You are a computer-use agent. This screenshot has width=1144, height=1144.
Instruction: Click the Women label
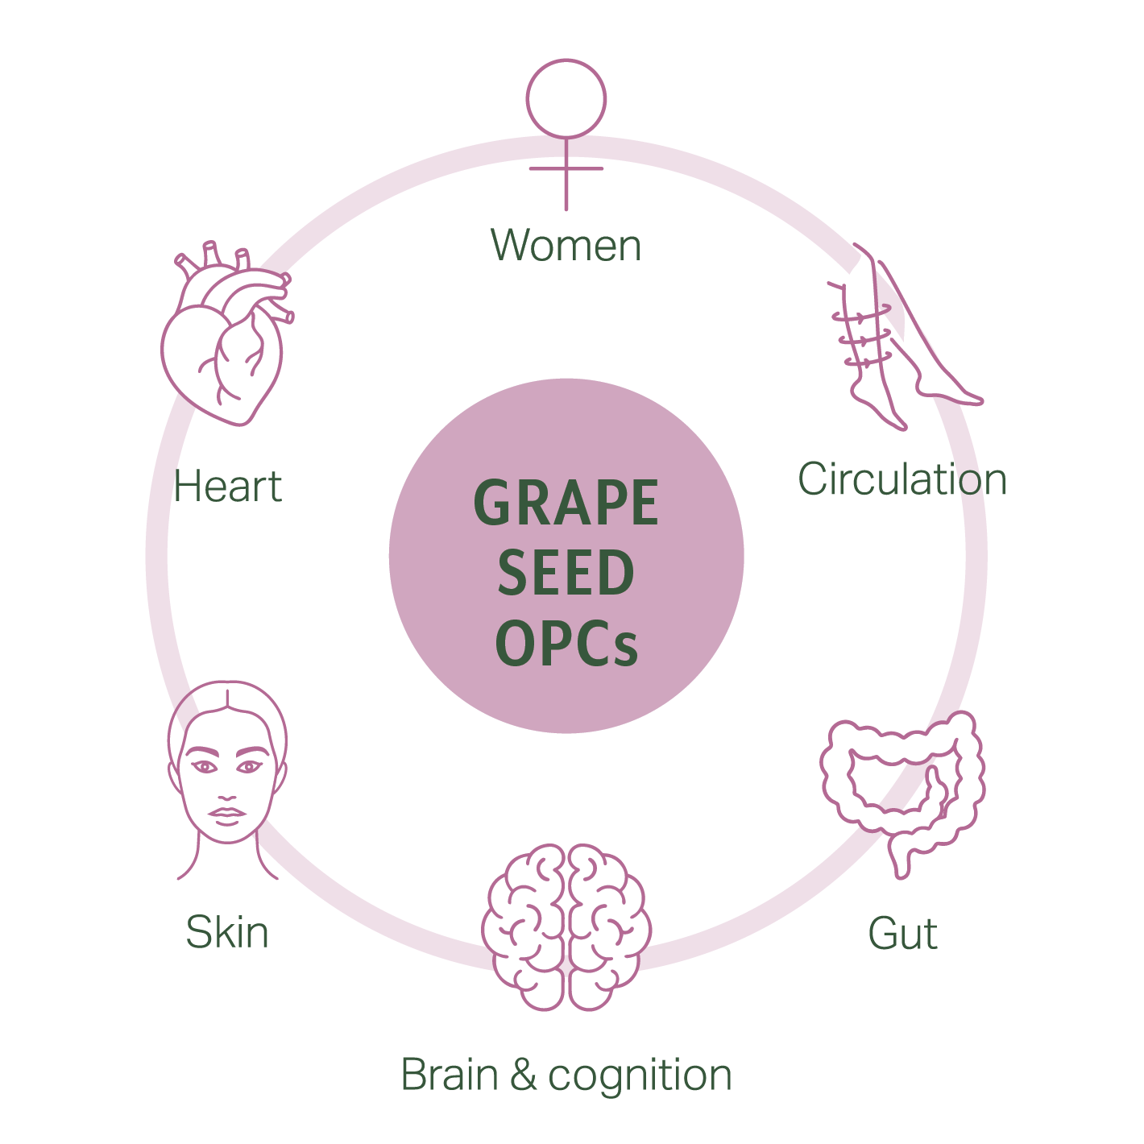[x=566, y=245]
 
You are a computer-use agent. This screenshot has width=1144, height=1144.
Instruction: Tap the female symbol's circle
[x=566, y=98]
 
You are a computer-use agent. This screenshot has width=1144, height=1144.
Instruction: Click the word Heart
[x=228, y=487]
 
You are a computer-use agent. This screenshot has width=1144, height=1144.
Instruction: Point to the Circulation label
[x=902, y=479]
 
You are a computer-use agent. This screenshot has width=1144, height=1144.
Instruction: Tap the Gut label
[x=902, y=935]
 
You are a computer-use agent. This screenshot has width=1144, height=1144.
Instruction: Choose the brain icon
[x=566, y=926]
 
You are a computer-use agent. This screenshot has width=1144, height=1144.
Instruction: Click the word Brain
[x=449, y=1076]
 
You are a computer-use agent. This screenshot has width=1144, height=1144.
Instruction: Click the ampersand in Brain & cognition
[x=523, y=1076]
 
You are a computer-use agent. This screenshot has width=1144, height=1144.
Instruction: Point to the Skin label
[x=227, y=932]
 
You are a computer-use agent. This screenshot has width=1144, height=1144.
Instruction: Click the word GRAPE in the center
[x=566, y=504]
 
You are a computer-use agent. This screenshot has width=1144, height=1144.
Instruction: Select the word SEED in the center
[x=566, y=574]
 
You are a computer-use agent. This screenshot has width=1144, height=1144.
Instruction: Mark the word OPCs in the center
[x=566, y=644]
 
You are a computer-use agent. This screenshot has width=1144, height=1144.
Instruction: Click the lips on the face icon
[x=227, y=814]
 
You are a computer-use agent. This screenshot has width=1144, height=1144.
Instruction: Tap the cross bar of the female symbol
[x=566, y=168]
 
